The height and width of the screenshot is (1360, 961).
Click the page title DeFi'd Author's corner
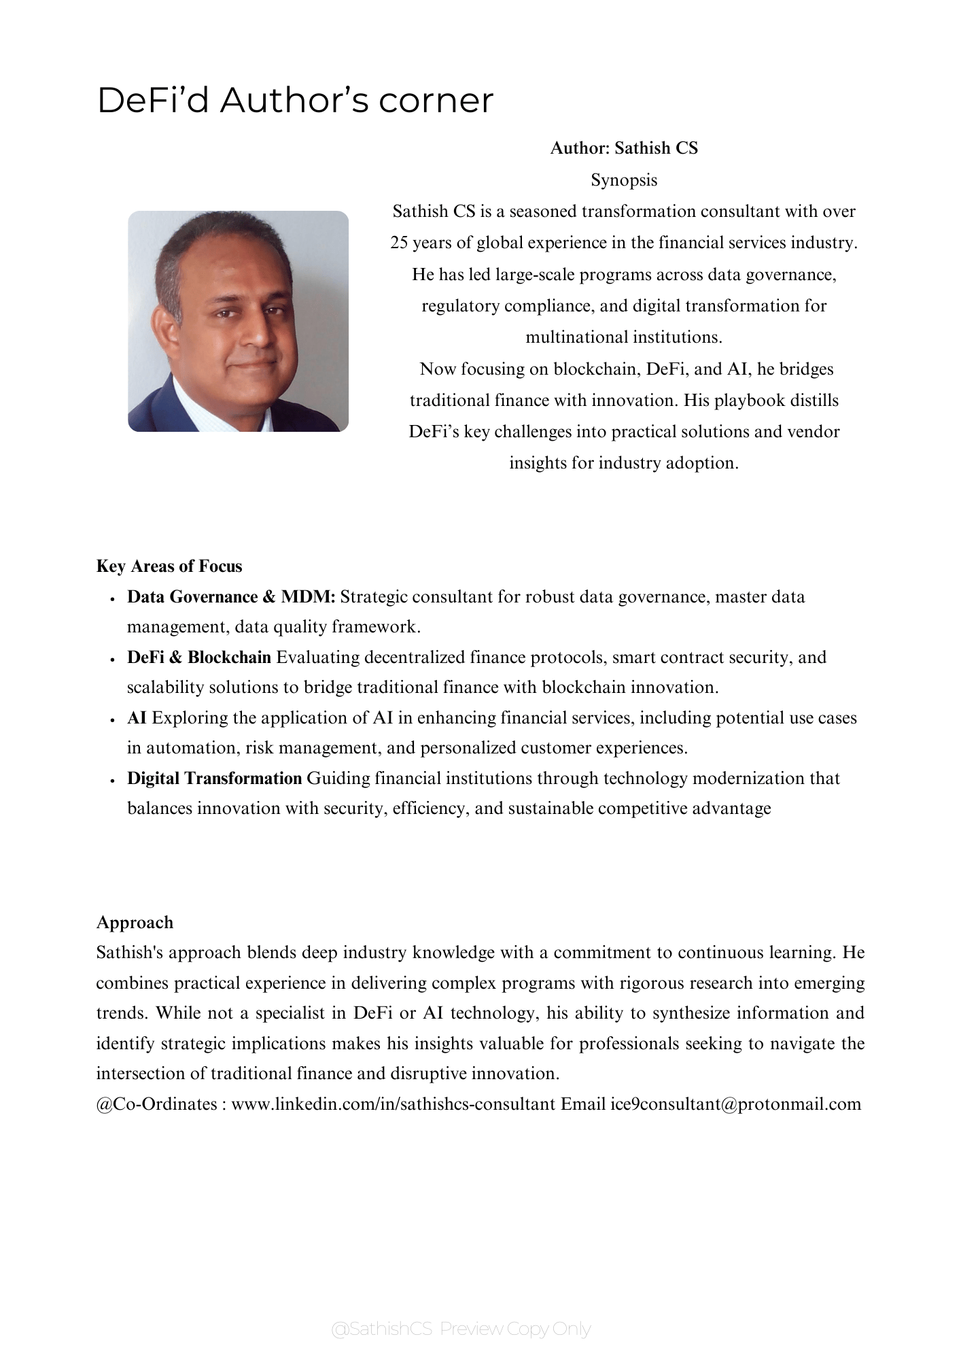(x=295, y=101)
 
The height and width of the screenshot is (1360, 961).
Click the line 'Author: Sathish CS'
(x=624, y=148)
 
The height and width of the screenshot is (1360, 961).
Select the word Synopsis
(x=624, y=180)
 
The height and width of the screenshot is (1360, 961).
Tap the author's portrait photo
(x=238, y=321)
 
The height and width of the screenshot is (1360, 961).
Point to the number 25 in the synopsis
(x=399, y=243)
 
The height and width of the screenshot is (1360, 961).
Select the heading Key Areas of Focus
(x=169, y=566)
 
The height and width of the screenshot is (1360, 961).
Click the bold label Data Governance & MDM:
(x=231, y=597)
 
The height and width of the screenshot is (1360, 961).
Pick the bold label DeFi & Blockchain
(x=199, y=658)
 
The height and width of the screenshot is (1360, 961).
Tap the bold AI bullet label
(x=137, y=718)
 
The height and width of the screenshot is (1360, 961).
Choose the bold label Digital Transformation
(x=214, y=779)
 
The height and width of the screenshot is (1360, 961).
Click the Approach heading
(x=135, y=923)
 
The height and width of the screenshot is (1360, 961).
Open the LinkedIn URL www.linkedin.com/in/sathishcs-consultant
(x=394, y=1104)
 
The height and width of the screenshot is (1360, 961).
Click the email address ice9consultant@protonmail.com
(x=736, y=1104)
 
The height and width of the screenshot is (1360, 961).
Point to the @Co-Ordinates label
(x=157, y=1104)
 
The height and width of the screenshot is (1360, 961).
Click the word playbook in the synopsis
(x=746, y=401)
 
